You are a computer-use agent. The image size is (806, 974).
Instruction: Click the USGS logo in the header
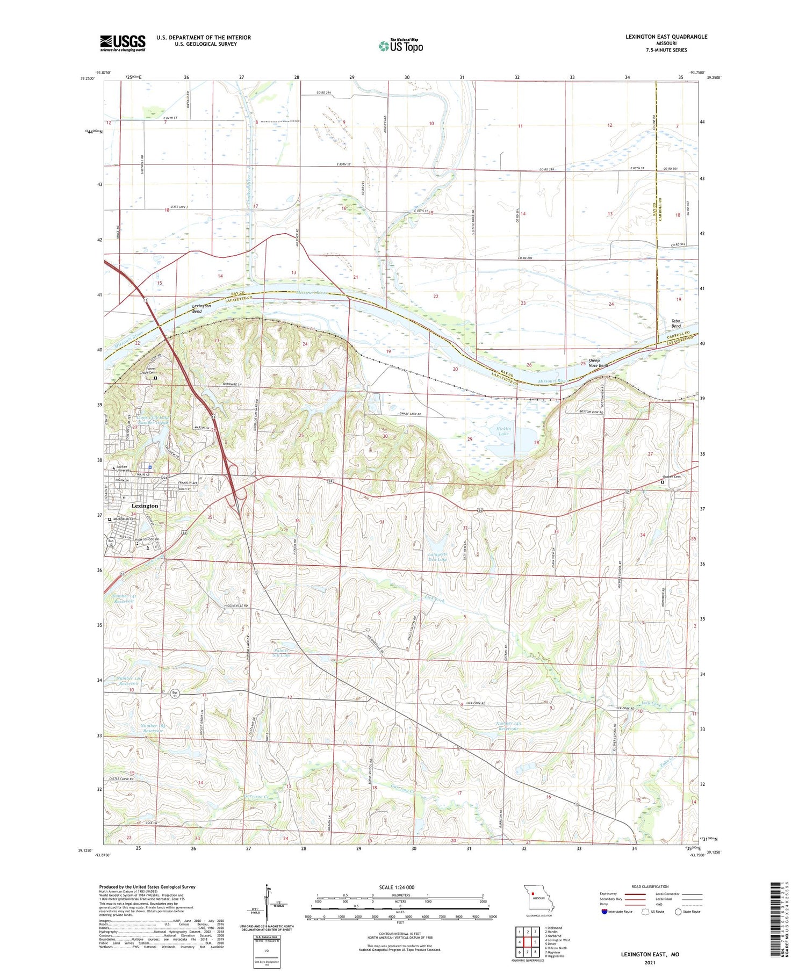click(123, 43)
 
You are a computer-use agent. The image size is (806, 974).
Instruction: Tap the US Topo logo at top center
click(401, 46)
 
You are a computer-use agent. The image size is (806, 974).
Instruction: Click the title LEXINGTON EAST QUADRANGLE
click(666, 37)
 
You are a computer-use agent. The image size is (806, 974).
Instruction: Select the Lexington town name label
click(145, 506)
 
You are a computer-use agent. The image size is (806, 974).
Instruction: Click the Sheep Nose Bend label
click(598, 363)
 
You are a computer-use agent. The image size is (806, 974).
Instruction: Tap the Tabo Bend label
click(675, 323)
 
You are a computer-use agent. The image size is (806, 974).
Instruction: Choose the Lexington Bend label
click(201, 308)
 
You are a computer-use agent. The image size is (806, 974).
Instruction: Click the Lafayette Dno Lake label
click(437, 556)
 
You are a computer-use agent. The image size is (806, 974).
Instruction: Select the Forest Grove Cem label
click(155, 371)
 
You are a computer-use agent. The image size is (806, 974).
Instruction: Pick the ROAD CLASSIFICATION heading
click(650, 886)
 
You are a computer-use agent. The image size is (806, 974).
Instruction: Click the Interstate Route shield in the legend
click(604, 911)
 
